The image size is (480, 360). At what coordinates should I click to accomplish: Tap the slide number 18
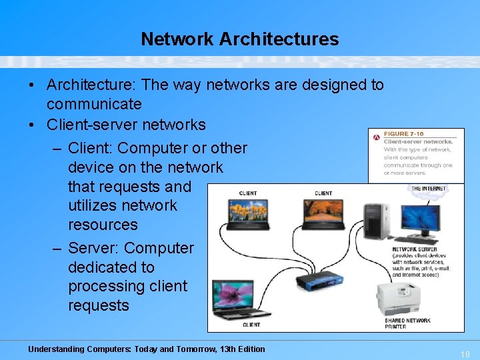(x=465, y=355)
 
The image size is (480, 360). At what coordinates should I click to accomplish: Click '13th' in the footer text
(x=215, y=349)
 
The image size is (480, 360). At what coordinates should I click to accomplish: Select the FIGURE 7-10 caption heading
(x=403, y=134)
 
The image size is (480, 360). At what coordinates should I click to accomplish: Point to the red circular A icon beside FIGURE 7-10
(x=377, y=137)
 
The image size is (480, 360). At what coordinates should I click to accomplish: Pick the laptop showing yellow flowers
(x=247, y=214)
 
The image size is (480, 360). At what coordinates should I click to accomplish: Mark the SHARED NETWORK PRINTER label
(x=407, y=323)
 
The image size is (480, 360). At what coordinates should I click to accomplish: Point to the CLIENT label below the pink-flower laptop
(x=251, y=325)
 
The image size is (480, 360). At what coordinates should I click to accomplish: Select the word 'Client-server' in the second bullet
(x=87, y=125)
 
